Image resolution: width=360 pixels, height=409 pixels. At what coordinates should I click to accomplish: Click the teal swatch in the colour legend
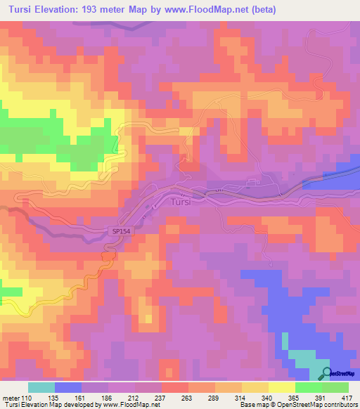click(x=41, y=387)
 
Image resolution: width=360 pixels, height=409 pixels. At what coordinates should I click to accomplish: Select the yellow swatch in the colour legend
click(x=281, y=387)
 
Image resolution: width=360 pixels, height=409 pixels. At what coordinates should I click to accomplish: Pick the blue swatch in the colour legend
click(x=67, y=387)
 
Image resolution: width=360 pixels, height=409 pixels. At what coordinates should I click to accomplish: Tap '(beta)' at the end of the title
click(x=261, y=10)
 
